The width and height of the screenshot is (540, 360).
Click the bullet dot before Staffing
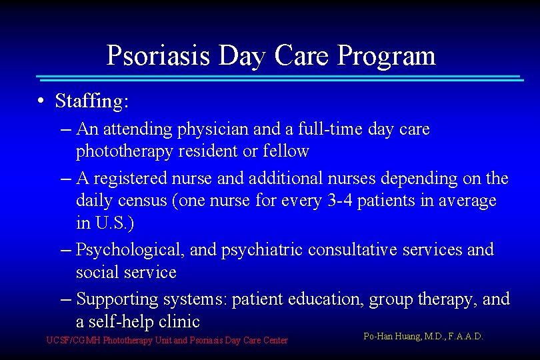(x=41, y=101)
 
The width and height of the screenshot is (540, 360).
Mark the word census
(x=143, y=201)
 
